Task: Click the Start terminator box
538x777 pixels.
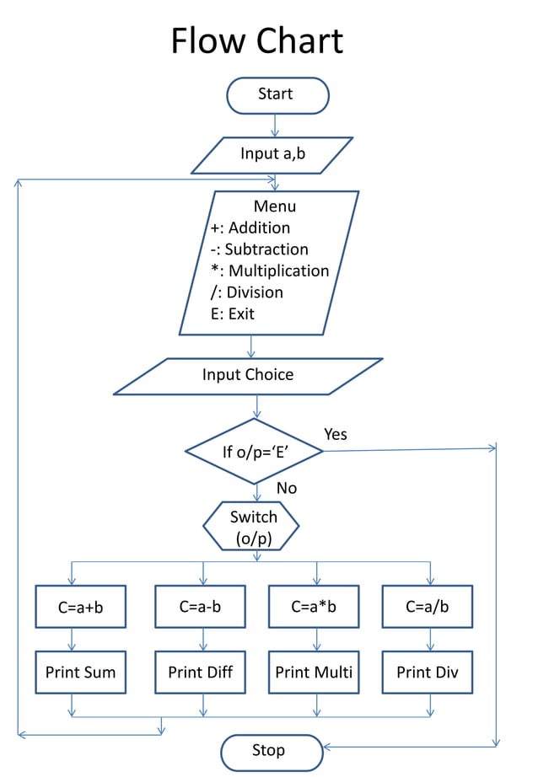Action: (277, 94)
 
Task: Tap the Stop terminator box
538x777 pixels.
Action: (271, 751)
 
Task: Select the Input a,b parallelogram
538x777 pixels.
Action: (272, 154)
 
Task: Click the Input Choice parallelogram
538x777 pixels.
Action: (248, 375)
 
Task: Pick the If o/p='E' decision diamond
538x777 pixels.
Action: (256, 452)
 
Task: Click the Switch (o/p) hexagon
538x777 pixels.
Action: (251, 527)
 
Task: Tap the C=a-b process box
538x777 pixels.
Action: (200, 606)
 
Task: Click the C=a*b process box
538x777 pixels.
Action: (315, 606)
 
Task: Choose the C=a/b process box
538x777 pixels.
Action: (428, 606)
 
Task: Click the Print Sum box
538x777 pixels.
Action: (80, 673)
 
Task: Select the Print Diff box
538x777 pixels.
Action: (200, 673)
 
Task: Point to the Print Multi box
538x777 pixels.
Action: (315, 673)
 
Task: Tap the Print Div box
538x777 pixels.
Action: (428, 673)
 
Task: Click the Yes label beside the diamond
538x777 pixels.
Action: (336, 434)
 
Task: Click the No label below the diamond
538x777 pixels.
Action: (286, 488)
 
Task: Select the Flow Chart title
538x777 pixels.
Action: (257, 40)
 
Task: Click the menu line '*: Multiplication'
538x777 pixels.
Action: (270, 271)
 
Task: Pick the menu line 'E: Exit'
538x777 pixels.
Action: (233, 313)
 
